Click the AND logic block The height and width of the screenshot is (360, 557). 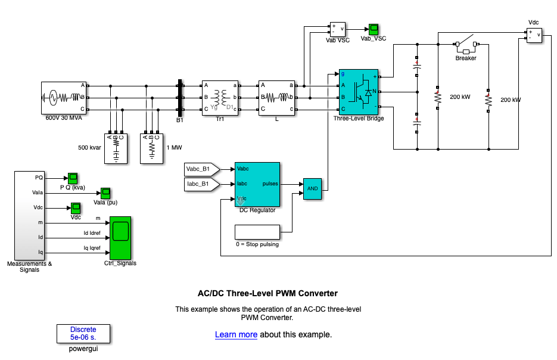pos(313,189)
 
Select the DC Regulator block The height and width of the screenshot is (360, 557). pos(257,184)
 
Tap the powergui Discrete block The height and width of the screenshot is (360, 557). pos(83,333)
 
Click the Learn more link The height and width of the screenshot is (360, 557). pos(236,335)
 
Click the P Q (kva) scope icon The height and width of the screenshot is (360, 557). pos(73,178)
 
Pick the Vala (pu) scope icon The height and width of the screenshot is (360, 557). pos(105,193)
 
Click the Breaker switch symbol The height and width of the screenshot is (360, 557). pos(466,44)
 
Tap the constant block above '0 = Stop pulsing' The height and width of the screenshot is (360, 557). pos(257,232)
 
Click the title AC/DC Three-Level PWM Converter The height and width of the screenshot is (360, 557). pos(267,293)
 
